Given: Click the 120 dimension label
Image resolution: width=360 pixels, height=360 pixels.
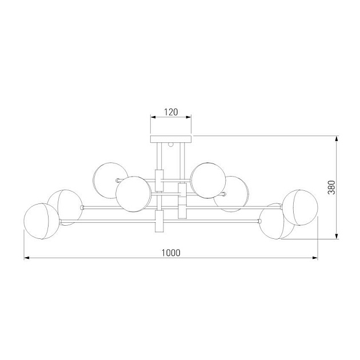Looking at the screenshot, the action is [171, 112].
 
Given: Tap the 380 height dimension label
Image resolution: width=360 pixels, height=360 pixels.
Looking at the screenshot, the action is [331, 187].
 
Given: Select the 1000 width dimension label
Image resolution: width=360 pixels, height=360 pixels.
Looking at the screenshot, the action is [171, 253].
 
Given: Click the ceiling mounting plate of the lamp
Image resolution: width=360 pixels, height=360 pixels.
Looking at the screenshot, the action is [171, 139].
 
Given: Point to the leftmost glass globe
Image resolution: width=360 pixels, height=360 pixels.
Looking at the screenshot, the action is [42, 221].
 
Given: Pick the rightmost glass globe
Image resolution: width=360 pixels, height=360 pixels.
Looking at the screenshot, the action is [300, 207].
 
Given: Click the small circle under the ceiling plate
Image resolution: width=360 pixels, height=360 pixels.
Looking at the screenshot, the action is [171, 145].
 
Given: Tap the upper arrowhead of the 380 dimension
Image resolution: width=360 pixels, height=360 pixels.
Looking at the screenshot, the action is [337, 138].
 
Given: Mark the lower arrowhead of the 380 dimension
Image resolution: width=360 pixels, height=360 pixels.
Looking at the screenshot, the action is [337, 236].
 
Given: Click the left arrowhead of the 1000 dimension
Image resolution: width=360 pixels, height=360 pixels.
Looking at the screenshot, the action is [27, 258].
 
